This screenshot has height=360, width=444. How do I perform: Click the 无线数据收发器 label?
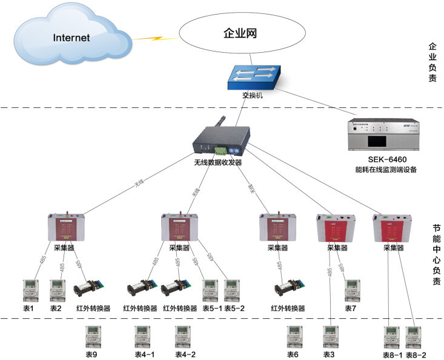click(x=217, y=162)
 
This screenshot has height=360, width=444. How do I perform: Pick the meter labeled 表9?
click(x=92, y=336)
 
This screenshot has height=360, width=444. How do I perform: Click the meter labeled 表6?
click(x=294, y=336)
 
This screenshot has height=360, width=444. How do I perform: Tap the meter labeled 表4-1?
click(x=144, y=336)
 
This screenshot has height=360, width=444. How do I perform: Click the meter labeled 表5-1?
click(x=210, y=290)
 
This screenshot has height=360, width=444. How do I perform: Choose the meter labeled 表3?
click(x=330, y=336)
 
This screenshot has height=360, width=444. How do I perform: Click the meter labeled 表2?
click(x=56, y=290)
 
